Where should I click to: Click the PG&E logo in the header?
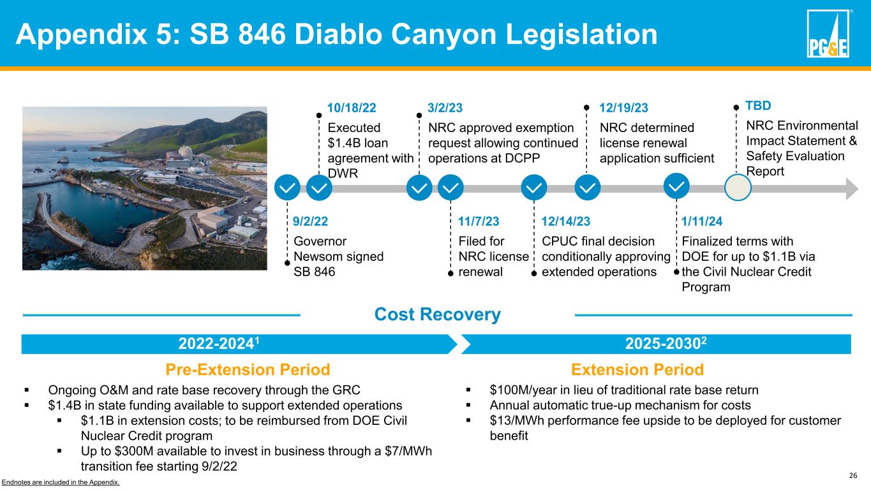(828, 33)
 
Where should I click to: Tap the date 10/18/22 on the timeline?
(352, 108)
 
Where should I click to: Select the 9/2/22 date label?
(310, 221)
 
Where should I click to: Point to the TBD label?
(758, 105)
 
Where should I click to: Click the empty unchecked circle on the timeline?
(738, 188)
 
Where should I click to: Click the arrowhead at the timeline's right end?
(852, 189)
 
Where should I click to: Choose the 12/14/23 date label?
(566, 221)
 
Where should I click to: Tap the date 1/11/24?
(702, 221)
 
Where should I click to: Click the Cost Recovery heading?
(438, 314)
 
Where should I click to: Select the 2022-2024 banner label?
(219, 343)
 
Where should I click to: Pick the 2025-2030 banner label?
(666, 343)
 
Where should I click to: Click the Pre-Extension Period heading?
(248, 369)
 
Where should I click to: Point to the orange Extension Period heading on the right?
(637, 369)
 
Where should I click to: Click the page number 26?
(853, 475)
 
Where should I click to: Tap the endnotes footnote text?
(60, 482)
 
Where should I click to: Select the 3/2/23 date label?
(445, 108)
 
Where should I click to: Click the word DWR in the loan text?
(343, 174)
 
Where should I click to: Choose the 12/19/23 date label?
(623, 108)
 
